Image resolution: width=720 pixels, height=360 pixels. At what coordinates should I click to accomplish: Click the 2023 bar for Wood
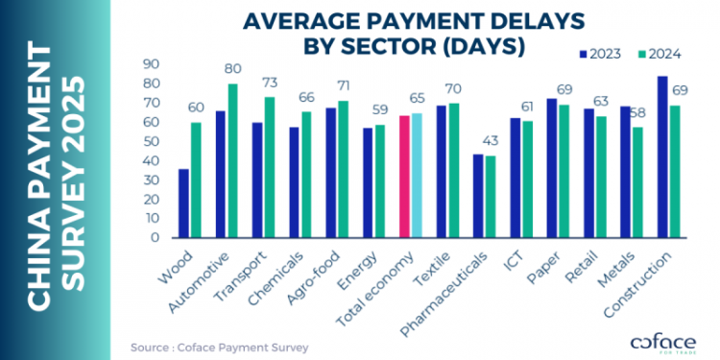pos(183,204)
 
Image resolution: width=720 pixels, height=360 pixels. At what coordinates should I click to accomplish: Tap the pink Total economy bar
pos(405,177)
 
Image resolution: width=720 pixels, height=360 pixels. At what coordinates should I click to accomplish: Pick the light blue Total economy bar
pos(417,176)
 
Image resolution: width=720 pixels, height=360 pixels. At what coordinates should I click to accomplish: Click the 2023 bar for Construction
pos(662,157)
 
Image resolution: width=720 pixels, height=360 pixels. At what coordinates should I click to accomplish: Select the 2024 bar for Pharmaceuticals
pos(491,197)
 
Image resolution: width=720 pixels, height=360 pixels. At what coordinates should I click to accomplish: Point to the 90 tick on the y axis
pos(152,63)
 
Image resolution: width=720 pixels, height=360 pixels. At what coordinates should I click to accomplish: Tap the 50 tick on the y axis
pos(152,141)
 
